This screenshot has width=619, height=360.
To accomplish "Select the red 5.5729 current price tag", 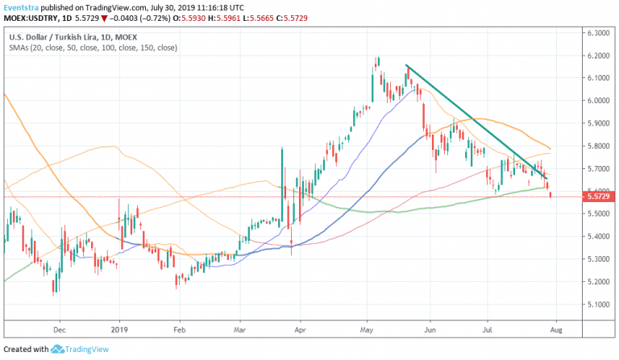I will (600, 197).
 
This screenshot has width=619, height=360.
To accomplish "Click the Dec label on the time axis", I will (59, 329).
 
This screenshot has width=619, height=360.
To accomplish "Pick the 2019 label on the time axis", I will (119, 329).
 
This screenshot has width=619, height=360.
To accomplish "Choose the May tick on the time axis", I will (367, 329).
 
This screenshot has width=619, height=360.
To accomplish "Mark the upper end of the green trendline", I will (405, 65).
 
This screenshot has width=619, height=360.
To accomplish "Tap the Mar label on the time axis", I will (240, 329).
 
